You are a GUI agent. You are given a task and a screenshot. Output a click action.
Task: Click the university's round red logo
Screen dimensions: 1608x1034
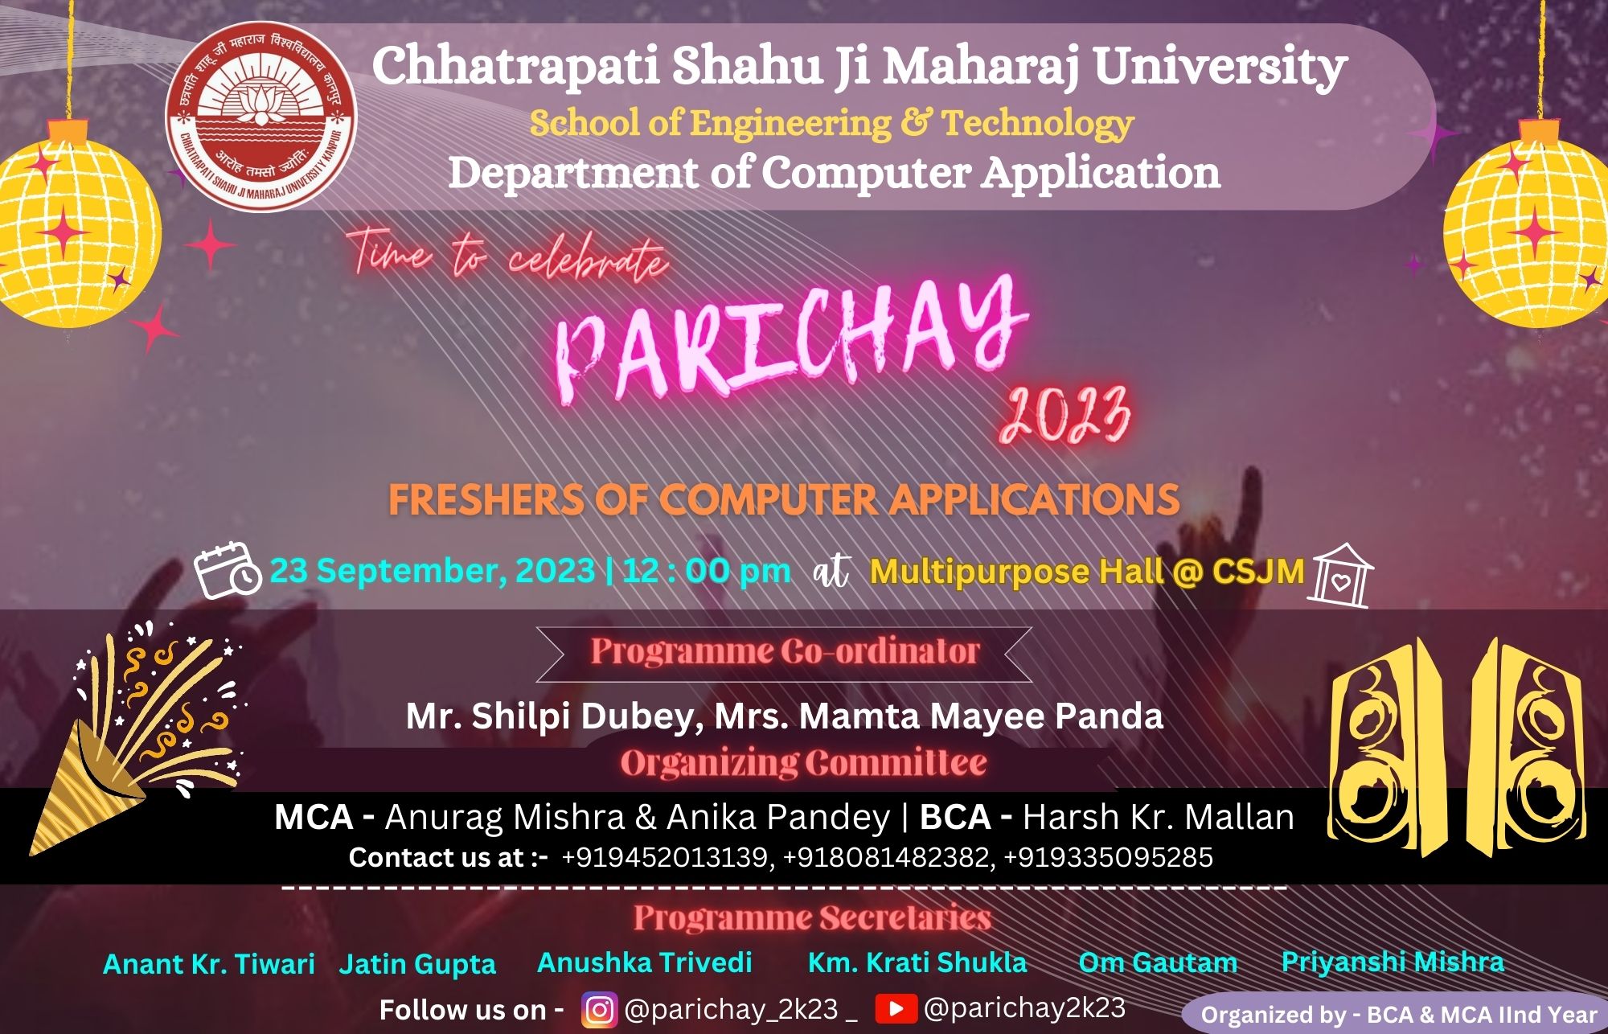[x=262, y=117]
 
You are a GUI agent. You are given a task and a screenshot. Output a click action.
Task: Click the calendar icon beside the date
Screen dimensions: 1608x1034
[x=228, y=570]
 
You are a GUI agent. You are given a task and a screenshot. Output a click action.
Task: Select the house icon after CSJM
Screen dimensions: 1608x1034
[x=1340, y=575]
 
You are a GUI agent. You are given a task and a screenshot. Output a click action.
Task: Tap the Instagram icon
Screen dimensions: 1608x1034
[x=599, y=1009]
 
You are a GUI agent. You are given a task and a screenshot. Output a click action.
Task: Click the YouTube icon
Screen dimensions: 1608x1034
[x=896, y=1008]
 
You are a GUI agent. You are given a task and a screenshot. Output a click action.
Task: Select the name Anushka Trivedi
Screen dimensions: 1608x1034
[x=645, y=962]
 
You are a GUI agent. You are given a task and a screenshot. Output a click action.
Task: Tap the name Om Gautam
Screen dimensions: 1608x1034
[x=1158, y=962]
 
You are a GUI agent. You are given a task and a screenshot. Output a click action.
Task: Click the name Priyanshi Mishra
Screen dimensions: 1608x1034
[x=1393, y=962]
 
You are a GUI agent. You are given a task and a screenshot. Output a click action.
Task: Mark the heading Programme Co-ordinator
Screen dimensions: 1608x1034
[x=785, y=651]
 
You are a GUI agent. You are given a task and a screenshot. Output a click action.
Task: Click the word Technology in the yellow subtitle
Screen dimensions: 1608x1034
[x=1037, y=123]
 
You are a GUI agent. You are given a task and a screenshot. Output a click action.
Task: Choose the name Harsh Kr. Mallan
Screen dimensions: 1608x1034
[x=1159, y=817]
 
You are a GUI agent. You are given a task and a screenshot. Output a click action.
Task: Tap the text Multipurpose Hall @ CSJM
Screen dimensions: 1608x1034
[x=1087, y=572]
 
